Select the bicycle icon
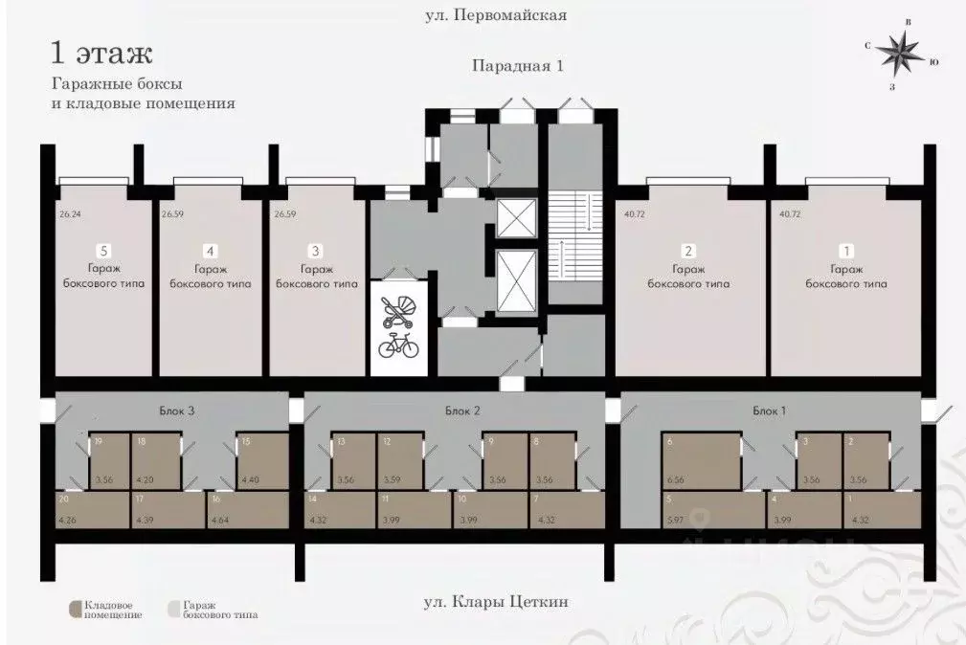[x=398, y=345]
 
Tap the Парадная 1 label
[x=515, y=66]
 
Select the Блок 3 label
[x=177, y=411]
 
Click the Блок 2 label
[x=461, y=411]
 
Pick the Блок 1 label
[x=769, y=411]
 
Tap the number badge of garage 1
[x=846, y=251]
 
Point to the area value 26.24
[x=69, y=215]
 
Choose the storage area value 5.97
[x=675, y=521]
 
